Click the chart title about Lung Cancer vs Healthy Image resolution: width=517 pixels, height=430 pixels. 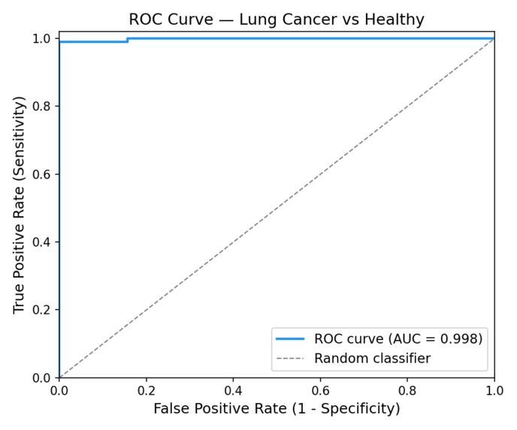pos(277,20)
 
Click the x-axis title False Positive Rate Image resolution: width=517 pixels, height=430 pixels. pos(277,409)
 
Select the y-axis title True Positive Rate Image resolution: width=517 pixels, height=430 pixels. pos(20,204)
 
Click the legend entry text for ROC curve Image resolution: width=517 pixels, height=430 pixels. pos(398,339)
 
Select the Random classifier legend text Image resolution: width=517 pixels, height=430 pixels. pos(372,359)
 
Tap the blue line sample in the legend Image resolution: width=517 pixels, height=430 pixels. pos(290,339)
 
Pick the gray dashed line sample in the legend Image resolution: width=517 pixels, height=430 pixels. pos(290,359)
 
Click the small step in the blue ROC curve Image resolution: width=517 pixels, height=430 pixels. pos(127,40)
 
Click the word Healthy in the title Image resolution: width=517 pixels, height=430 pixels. pos(391,20)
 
